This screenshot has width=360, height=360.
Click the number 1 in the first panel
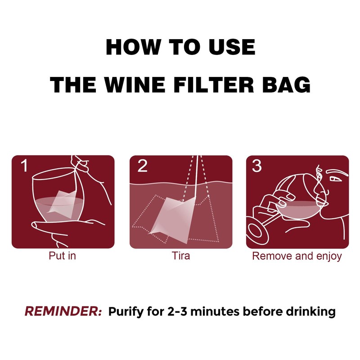[23, 166]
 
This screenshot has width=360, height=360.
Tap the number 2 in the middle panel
[142, 166]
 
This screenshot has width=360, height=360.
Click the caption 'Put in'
[62, 256]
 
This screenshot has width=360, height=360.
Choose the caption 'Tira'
[180, 256]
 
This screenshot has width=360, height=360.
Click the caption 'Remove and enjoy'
[297, 256]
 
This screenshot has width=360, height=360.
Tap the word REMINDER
[63, 311]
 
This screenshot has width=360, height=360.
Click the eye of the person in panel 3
[335, 178]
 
